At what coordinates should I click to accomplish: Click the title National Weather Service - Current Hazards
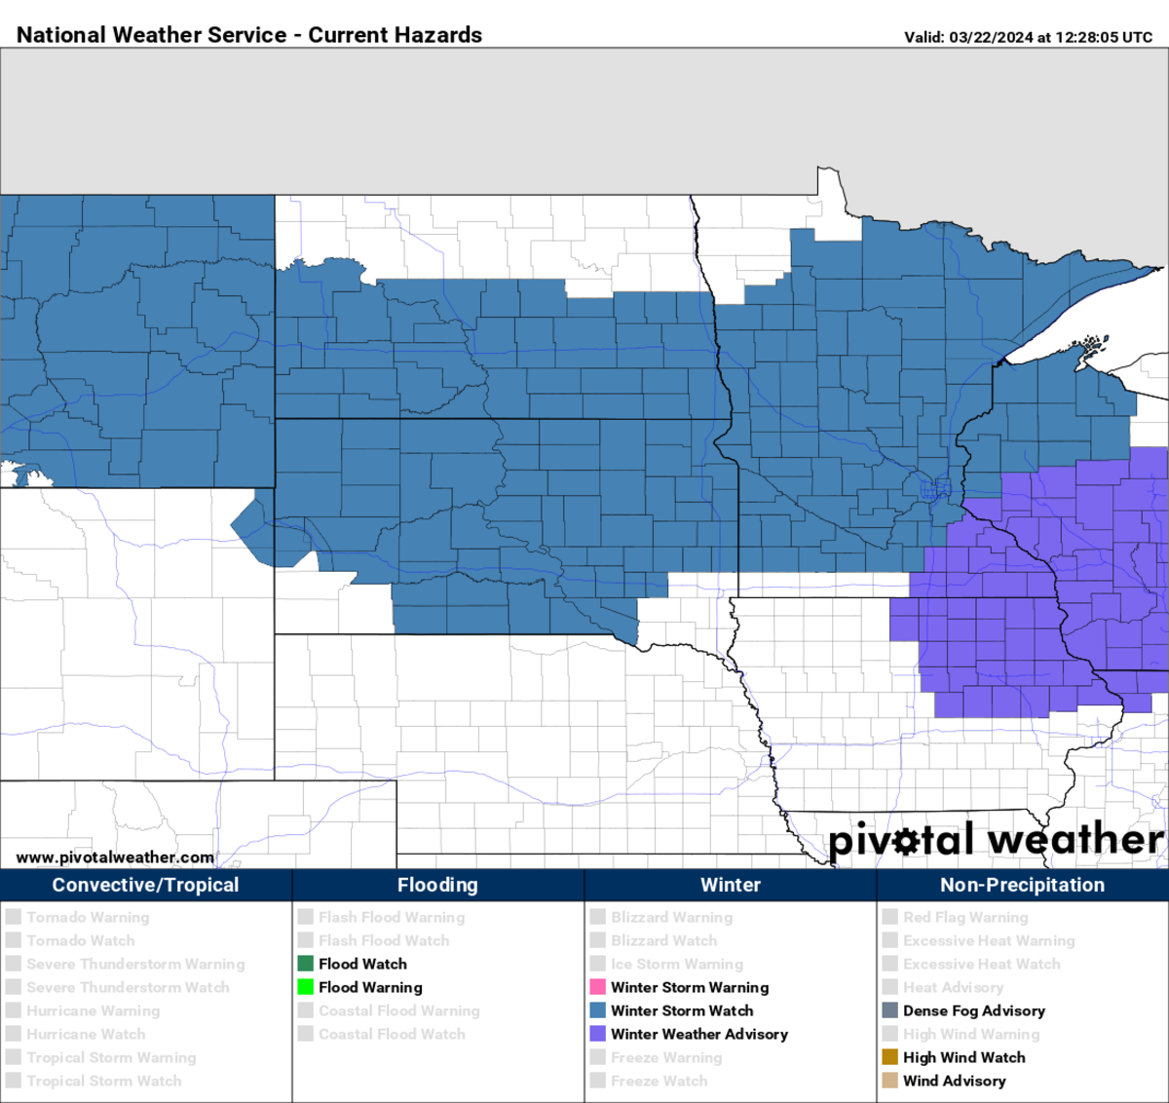click(x=249, y=35)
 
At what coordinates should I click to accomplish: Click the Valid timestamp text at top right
click(x=1028, y=37)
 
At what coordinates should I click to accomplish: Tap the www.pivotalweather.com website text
click(x=115, y=857)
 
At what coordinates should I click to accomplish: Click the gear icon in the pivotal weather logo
click(x=906, y=841)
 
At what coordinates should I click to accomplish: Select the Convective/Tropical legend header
click(x=145, y=885)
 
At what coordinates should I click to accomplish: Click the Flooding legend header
click(x=437, y=885)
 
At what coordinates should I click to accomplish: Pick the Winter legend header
click(x=730, y=885)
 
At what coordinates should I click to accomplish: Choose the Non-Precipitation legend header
click(x=1022, y=885)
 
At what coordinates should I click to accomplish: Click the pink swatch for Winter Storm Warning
click(x=598, y=987)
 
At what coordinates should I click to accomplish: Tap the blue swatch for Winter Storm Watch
click(x=598, y=1010)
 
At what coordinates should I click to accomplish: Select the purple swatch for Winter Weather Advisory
click(x=598, y=1034)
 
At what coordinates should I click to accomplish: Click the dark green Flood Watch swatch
click(x=306, y=964)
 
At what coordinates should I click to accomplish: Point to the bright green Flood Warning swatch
click(x=306, y=987)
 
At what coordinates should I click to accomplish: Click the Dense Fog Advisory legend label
click(x=973, y=1010)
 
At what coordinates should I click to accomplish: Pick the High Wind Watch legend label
click(x=963, y=1057)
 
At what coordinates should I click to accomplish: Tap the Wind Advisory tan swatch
click(x=890, y=1081)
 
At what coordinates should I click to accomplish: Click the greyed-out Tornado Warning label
click(x=88, y=917)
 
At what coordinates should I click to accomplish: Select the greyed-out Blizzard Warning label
click(x=671, y=917)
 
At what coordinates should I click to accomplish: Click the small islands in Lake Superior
click(x=1093, y=344)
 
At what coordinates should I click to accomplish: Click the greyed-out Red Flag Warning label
click(x=964, y=917)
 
